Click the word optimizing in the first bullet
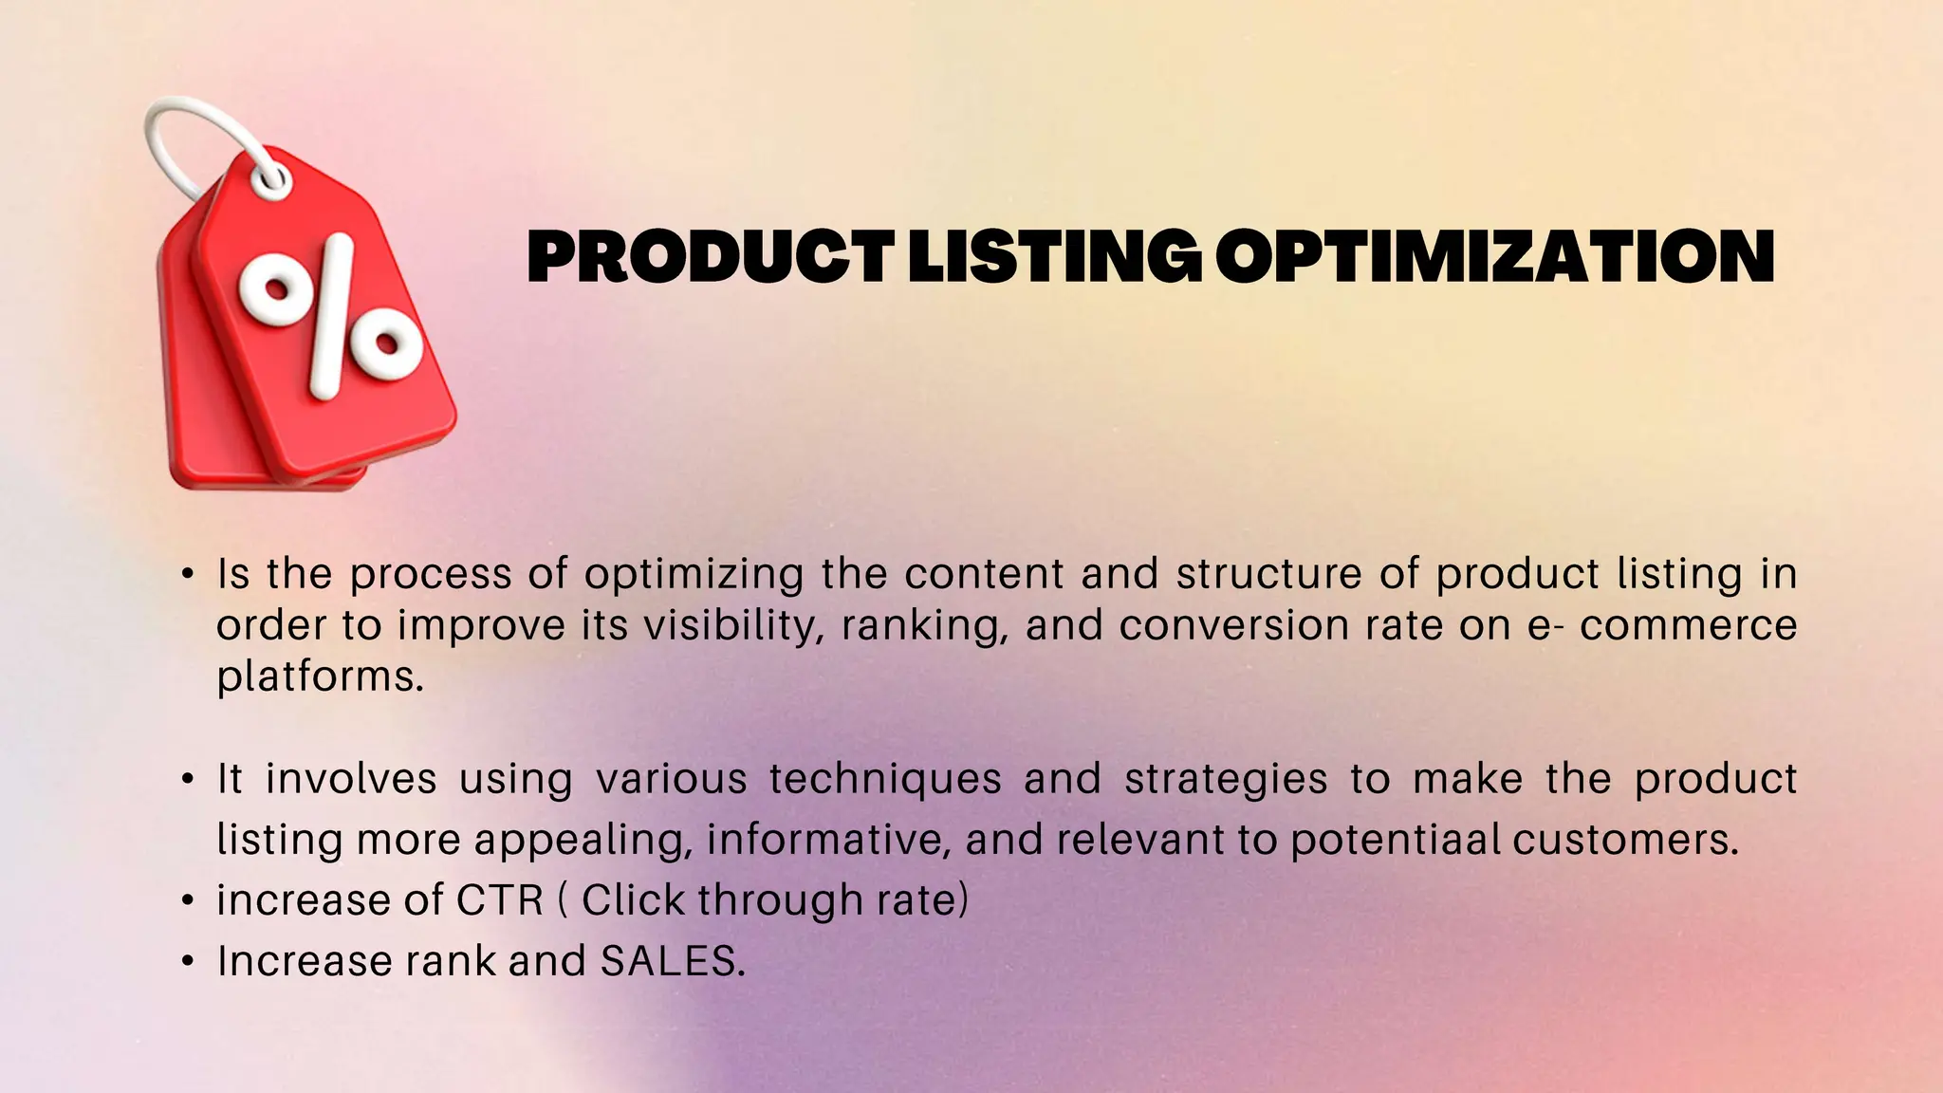click(694, 575)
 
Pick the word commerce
click(1689, 626)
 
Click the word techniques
click(885, 780)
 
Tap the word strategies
click(1226, 780)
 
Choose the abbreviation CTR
click(500, 900)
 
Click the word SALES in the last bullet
click(672, 961)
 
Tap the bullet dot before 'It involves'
click(188, 780)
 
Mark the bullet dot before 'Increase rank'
click(188, 962)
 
